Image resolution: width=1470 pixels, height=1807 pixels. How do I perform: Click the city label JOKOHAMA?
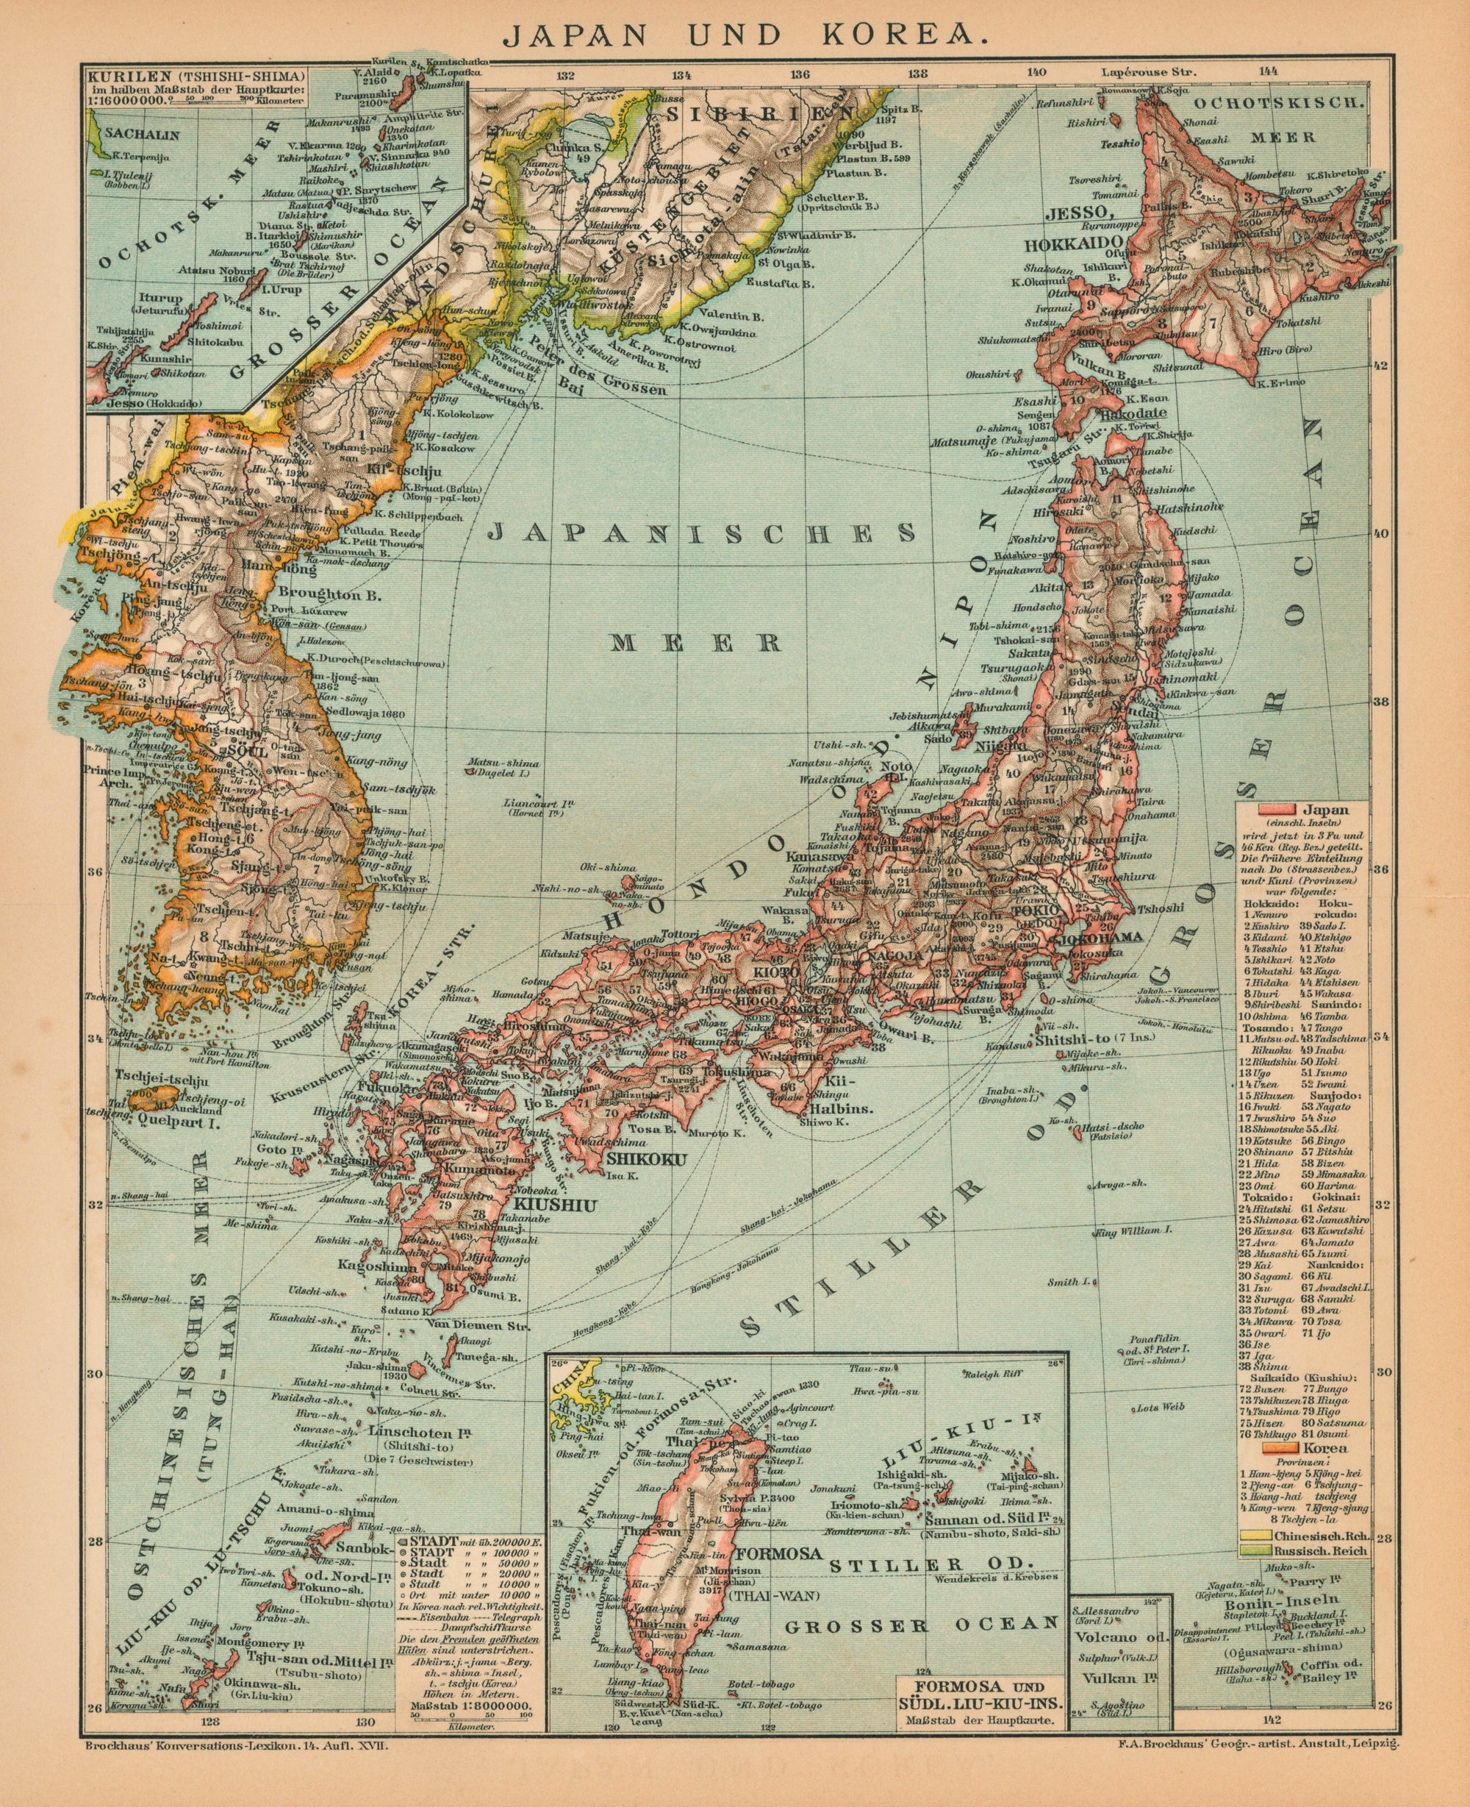click(1096, 936)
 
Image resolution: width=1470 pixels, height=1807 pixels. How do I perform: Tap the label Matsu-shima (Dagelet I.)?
click(507, 765)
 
